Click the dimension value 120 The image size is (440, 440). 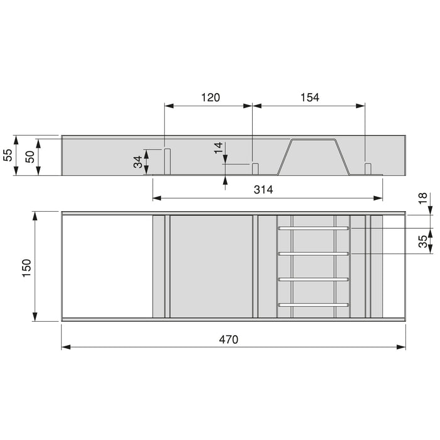210,97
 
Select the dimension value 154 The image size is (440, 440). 309,97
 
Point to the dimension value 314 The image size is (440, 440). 263,190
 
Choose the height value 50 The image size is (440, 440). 30,157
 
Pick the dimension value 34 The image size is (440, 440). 137,162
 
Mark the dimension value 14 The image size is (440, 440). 217,148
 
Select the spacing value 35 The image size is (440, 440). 423,240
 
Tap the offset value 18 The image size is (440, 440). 423,197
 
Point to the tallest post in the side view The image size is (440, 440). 168,161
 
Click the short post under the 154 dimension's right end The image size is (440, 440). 368,168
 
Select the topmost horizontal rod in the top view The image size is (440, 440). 314,229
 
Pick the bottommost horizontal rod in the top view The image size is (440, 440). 314,305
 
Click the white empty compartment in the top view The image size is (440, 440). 107,266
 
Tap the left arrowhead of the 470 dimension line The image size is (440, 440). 65,346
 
